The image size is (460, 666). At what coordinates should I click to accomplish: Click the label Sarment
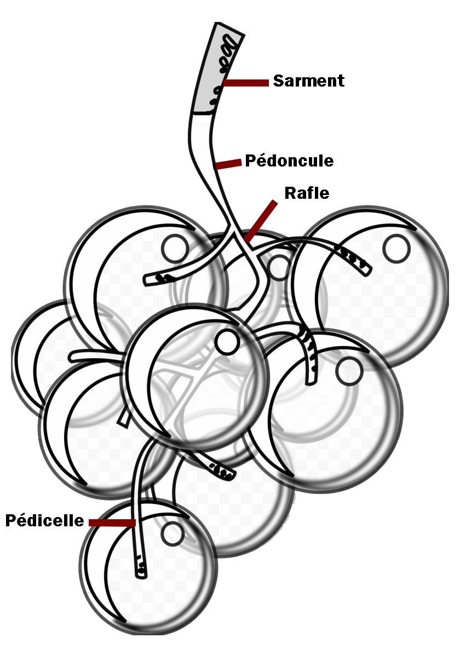pyautogui.click(x=309, y=81)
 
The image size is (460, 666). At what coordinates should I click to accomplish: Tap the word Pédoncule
pyautogui.click(x=289, y=161)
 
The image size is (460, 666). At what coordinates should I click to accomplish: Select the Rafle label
pyautogui.click(x=307, y=193)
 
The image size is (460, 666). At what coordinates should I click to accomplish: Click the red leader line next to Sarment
pyautogui.click(x=246, y=83)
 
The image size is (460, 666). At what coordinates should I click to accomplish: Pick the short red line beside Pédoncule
pyautogui.click(x=228, y=164)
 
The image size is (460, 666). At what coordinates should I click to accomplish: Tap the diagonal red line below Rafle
pyautogui.click(x=261, y=221)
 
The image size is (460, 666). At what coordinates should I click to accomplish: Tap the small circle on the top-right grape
pyautogui.click(x=396, y=248)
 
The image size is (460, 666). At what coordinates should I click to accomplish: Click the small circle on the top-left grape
pyautogui.click(x=175, y=248)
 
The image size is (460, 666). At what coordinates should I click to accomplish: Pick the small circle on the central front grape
pyautogui.click(x=227, y=342)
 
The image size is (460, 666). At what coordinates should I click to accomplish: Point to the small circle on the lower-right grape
pyautogui.click(x=349, y=371)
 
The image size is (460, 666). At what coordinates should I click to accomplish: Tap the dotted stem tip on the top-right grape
pyautogui.click(x=354, y=261)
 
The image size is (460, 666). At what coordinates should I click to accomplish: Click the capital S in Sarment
pyautogui.click(x=279, y=81)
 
